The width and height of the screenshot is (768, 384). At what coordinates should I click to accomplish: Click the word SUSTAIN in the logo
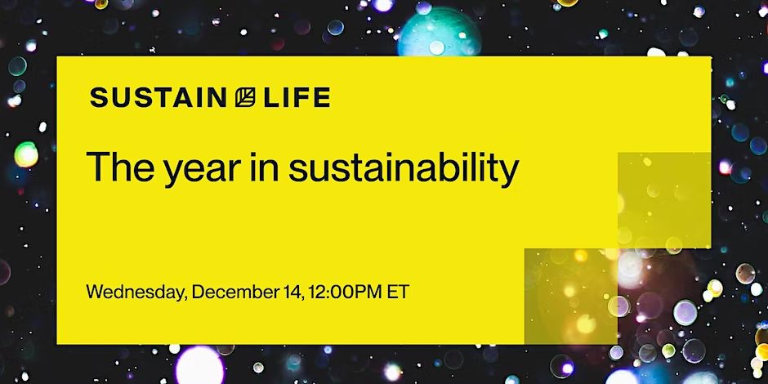click(x=159, y=97)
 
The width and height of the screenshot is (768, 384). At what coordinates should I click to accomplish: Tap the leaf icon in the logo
click(x=245, y=97)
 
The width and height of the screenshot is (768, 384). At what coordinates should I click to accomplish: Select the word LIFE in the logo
click(x=297, y=97)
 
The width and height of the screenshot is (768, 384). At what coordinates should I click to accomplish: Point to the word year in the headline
click(x=203, y=171)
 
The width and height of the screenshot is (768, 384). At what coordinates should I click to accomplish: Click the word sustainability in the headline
click(x=404, y=168)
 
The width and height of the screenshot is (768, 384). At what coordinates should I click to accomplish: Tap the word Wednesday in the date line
click(x=136, y=292)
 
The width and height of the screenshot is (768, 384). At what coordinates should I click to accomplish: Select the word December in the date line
click(x=236, y=292)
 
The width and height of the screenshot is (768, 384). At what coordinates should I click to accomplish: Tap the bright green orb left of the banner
click(x=26, y=154)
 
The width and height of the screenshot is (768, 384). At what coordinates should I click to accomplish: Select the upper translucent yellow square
click(x=664, y=200)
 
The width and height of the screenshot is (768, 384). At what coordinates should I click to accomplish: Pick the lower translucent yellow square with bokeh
click(x=570, y=296)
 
